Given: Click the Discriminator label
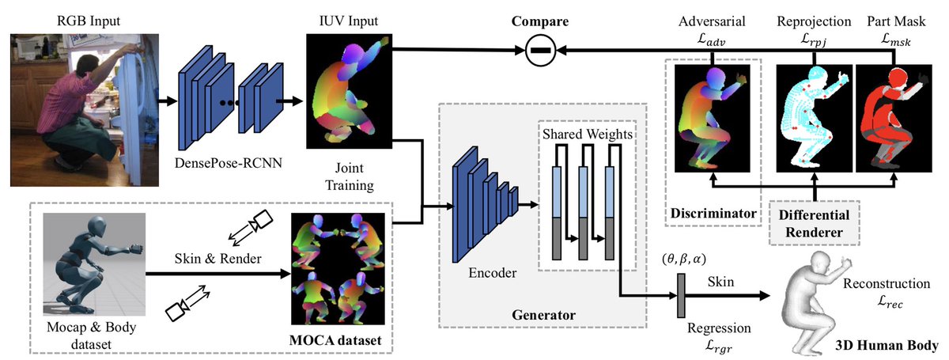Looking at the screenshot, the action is pyautogui.click(x=711, y=214).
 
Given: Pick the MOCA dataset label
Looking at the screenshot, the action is pyautogui.click(x=342, y=339).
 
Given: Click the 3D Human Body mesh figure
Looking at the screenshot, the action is pyautogui.click(x=822, y=297).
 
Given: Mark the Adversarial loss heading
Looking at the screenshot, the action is pyautogui.click(x=711, y=28).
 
